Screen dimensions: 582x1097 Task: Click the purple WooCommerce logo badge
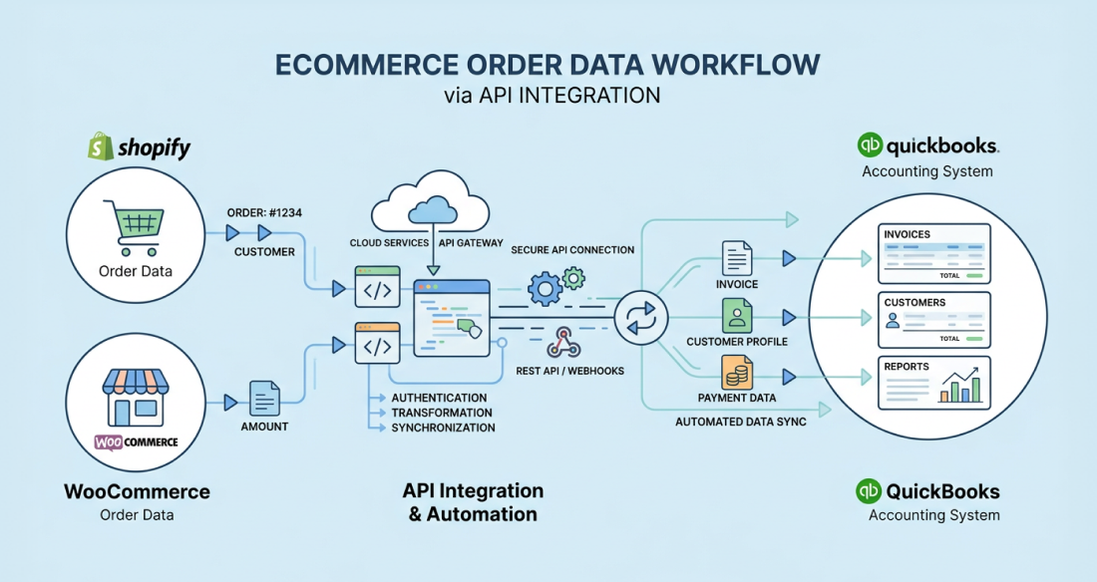tap(137, 441)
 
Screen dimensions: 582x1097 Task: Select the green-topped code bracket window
tap(377, 286)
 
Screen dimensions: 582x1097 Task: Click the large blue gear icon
tap(546, 290)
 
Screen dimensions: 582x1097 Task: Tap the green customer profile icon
tap(737, 317)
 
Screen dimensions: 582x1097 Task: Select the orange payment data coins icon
tap(737, 374)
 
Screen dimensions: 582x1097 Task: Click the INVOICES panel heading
tap(907, 234)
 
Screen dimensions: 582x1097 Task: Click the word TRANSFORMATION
tap(443, 413)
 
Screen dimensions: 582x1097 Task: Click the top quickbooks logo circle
tap(870, 145)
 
